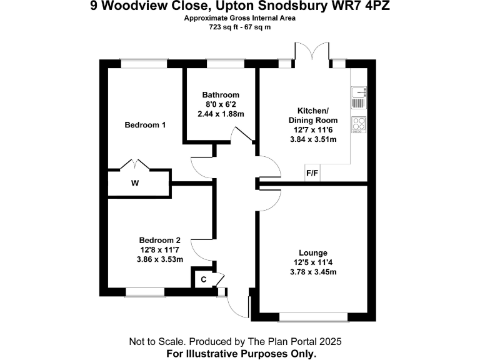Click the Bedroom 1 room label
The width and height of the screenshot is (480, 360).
click(x=145, y=125)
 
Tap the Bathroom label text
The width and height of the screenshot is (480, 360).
click(x=221, y=95)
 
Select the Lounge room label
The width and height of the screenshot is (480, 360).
click(x=312, y=252)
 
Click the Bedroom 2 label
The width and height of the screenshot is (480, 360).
click(x=159, y=240)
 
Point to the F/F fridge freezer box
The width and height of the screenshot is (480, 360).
click(x=311, y=174)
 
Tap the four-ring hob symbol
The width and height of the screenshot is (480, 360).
click(x=359, y=125)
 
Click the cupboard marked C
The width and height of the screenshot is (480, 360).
click(x=204, y=279)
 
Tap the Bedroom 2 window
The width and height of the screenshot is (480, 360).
click(x=145, y=291)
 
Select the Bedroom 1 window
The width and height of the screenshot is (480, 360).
click(x=139, y=63)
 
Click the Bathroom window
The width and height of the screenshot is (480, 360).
click(x=220, y=63)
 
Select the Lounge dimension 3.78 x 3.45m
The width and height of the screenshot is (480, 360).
click(x=312, y=272)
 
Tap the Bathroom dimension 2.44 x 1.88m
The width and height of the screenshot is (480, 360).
click(x=221, y=114)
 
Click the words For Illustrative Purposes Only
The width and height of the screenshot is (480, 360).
click(x=241, y=354)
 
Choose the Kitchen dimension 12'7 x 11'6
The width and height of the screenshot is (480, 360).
click(x=312, y=129)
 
